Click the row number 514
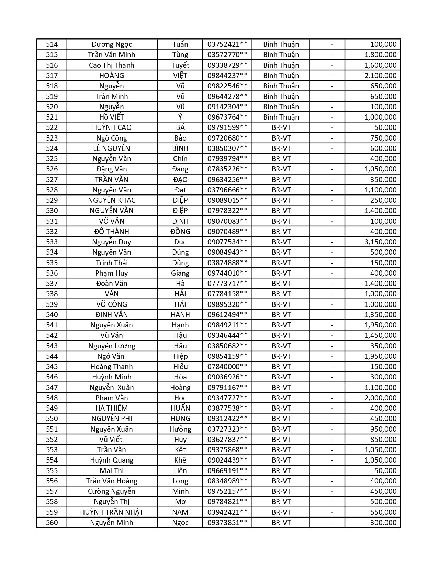point(52,44)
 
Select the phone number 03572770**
point(227,55)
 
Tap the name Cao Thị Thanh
point(112,65)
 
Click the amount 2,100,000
point(380,76)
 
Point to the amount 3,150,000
point(380,242)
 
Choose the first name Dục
point(180,242)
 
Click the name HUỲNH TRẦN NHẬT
point(112,512)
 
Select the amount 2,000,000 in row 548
point(380,398)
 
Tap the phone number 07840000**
point(227,367)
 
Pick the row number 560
point(52,523)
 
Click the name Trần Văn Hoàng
point(112,481)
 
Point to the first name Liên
point(180,471)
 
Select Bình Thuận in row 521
point(281,117)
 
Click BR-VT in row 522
point(281,127)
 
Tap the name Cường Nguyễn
point(112,491)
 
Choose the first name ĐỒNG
point(180,232)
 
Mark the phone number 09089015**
point(227,200)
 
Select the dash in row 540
point(332,315)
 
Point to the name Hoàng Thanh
point(112,367)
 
